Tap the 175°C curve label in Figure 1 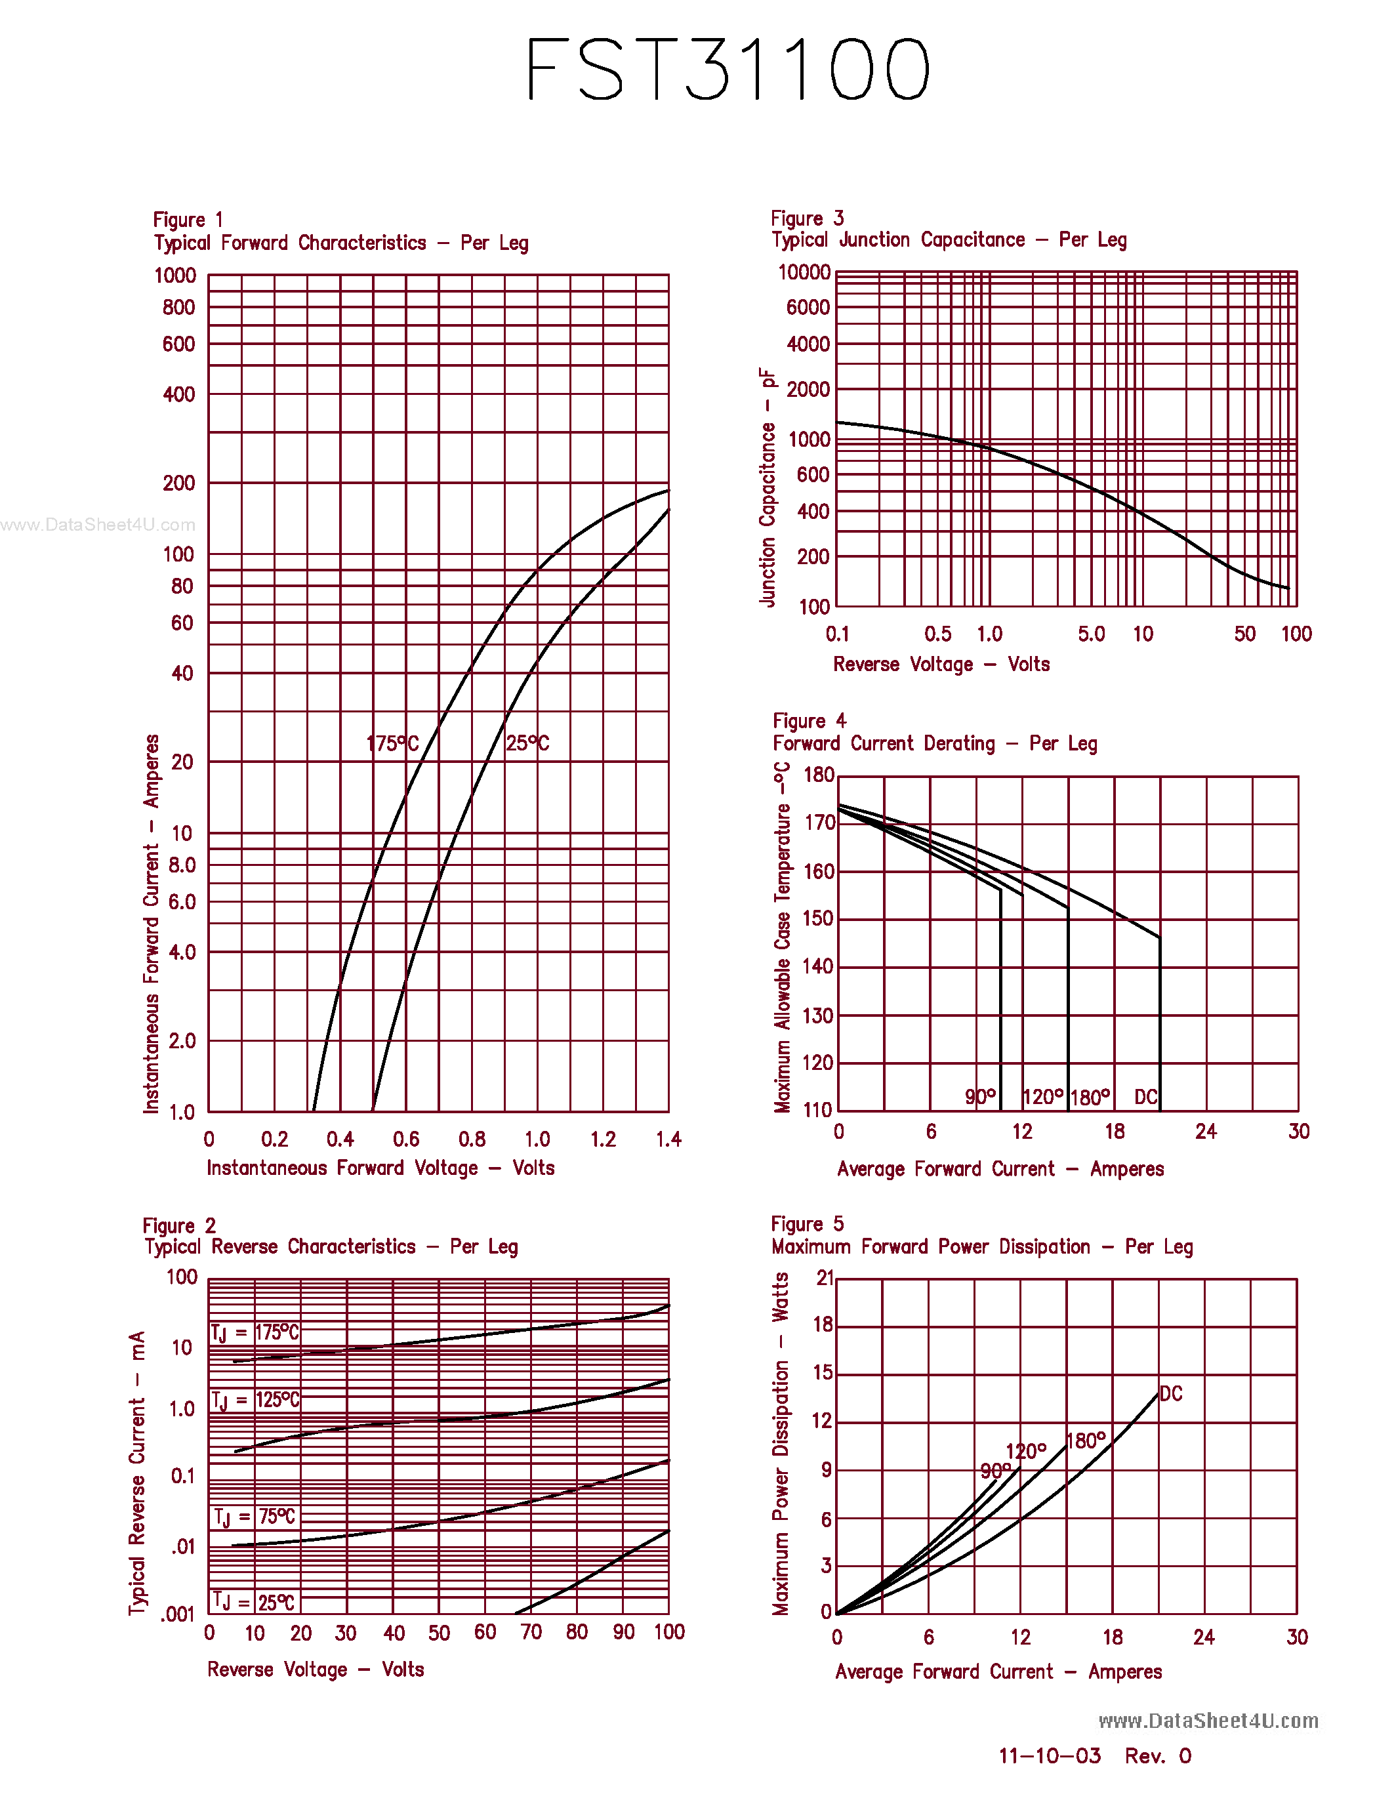pos(392,743)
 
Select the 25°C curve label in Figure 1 pos(527,743)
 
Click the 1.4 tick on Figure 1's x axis pos(668,1140)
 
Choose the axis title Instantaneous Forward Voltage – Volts pos(380,1168)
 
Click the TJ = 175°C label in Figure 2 pos(255,1332)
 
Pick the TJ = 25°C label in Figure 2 pos(253,1603)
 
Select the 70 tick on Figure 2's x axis pos(531,1632)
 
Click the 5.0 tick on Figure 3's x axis pos(1091,634)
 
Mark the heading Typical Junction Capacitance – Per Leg pos(949,239)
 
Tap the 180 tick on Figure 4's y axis pos(819,775)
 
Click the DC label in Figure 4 pos(1145,1097)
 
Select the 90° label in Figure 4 pos(980,1097)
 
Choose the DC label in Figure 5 pos(1171,1393)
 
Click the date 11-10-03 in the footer pos(1050,1756)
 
